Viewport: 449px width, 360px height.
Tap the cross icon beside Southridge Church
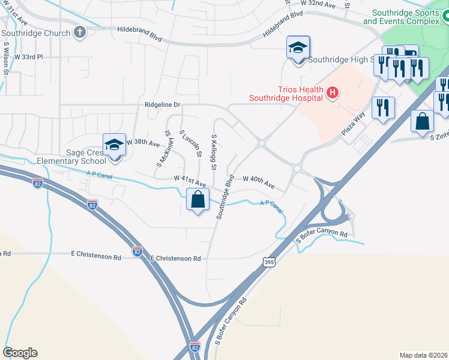coord(79,32)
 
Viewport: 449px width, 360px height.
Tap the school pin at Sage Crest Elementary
coord(114,146)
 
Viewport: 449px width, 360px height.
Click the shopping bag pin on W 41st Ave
coord(198,200)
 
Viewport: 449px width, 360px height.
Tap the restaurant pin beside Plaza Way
coord(383,109)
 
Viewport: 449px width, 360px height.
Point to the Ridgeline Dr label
coord(163,104)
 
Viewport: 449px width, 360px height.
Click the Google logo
coord(20,353)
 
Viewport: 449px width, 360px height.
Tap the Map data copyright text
coord(424,355)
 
